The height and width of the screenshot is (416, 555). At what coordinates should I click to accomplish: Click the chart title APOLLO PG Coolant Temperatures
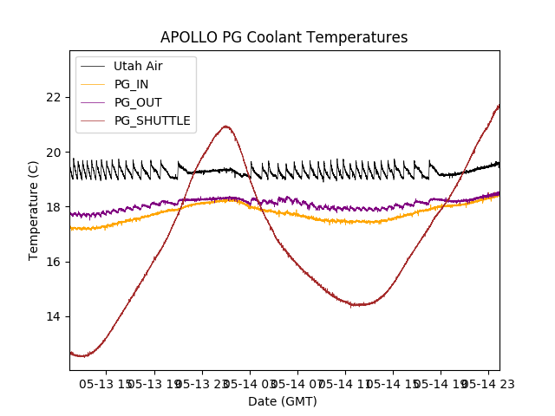284,37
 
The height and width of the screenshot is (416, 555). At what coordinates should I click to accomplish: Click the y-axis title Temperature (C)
34,211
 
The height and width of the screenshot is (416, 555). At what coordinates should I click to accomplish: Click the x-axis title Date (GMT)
283,401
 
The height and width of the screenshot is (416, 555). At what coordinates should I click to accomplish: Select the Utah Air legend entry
138,66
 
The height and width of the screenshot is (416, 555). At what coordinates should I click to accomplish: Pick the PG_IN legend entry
131,84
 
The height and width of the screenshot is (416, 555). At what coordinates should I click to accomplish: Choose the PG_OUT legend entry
138,102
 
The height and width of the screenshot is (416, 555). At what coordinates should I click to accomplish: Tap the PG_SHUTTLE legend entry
152,120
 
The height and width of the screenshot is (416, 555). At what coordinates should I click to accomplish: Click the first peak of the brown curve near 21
226,127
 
